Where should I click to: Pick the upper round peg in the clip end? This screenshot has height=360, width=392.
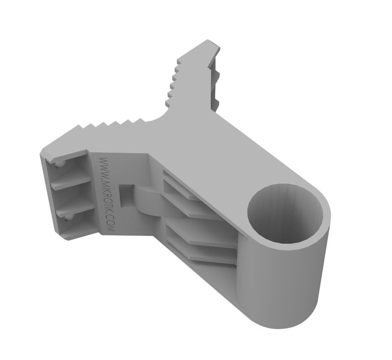[x=58, y=164]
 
